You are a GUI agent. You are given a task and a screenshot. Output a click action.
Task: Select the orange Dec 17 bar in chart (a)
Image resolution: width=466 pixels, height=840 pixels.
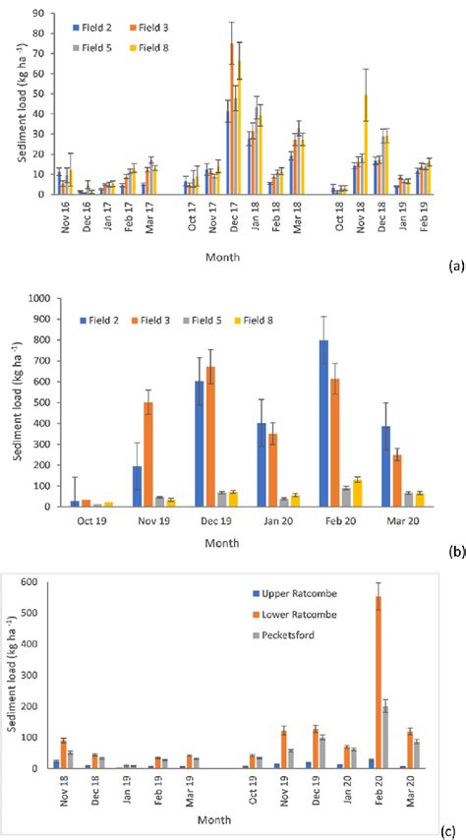[232, 118]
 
